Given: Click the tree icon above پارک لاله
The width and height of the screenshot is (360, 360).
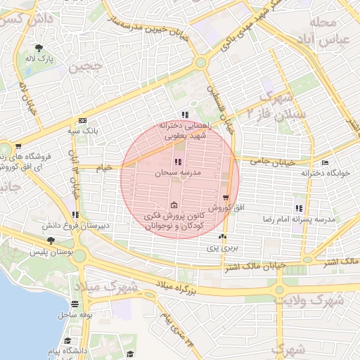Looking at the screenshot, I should tap(37, 49).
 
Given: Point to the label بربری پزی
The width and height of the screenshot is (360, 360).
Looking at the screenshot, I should tap(223, 248).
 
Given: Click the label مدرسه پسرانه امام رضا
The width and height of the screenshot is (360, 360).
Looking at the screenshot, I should tap(306, 219).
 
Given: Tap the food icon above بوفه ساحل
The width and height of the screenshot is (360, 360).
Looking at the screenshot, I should tap(75, 304).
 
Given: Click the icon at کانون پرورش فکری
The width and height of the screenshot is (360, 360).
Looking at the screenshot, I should tap(174, 205).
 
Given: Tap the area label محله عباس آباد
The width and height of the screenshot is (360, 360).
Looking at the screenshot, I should tap(325, 31).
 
